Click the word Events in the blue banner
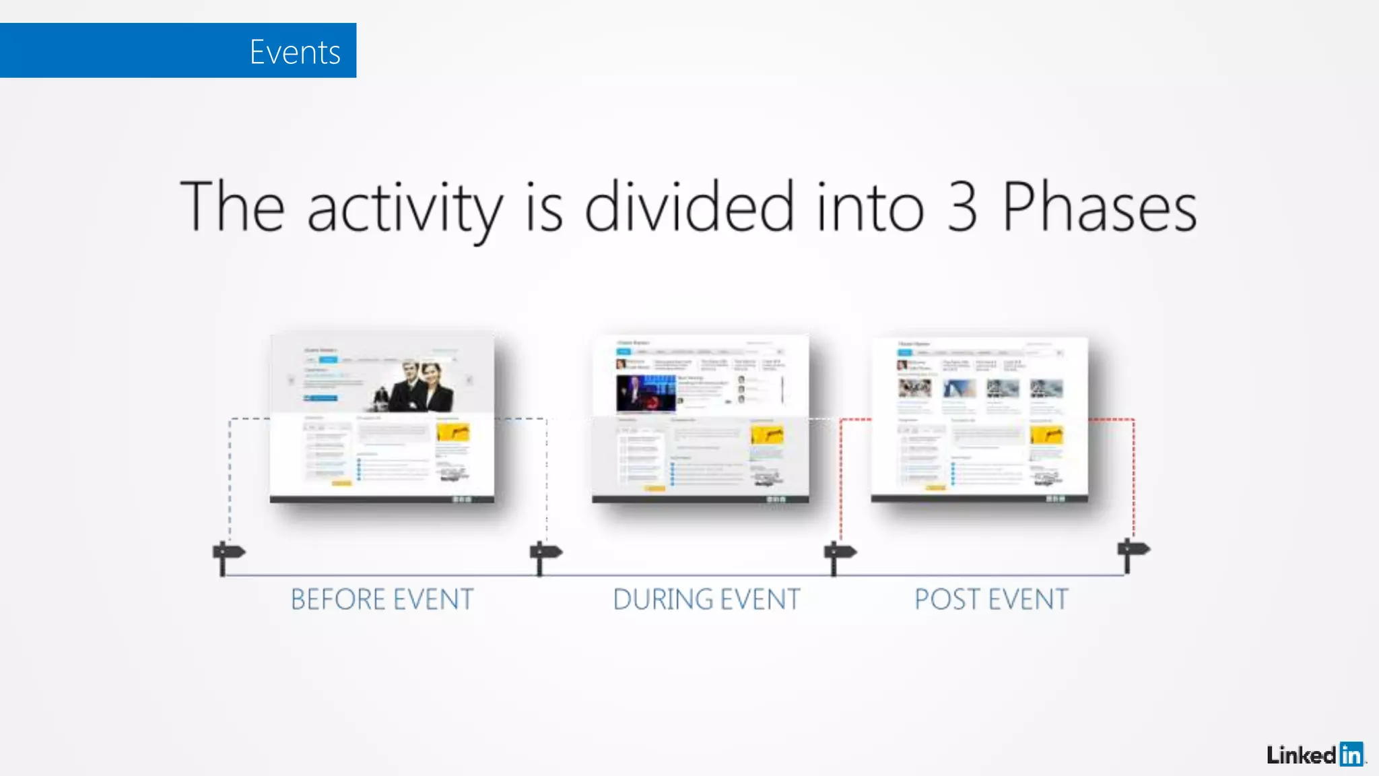(x=295, y=52)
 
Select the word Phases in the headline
(x=1100, y=207)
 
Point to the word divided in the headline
(x=689, y=206)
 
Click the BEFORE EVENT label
(x=382, y=600)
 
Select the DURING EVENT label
(x=706, y=600)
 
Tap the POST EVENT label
(x=990, y=600)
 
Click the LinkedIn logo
(x=1314, y=754)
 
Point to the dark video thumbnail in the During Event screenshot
(x=645, y=393)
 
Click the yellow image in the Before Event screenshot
(x=453, y=432)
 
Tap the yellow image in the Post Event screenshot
(x=1046, y=435)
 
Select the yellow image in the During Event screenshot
(x=767, y=434)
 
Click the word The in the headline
(x=232, y=207)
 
